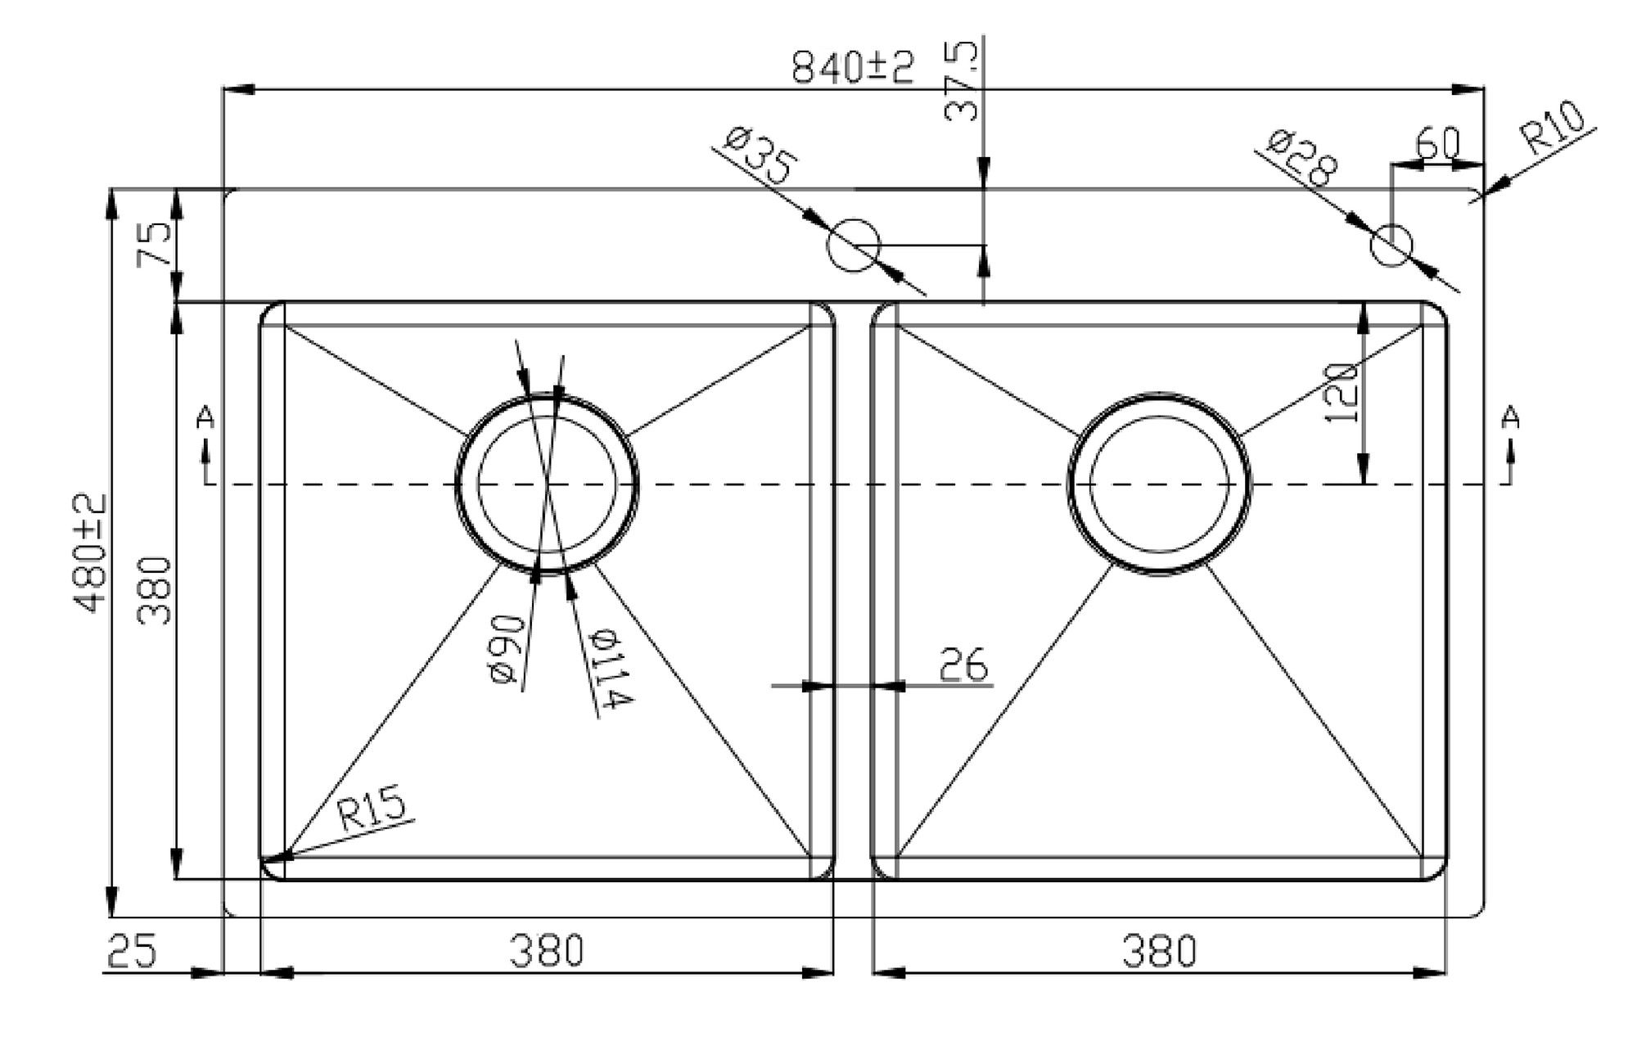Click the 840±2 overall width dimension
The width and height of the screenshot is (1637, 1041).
(853, 66)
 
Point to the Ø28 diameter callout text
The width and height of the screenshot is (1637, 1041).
(1302, 157)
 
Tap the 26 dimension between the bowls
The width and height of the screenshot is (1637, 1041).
(963, 665)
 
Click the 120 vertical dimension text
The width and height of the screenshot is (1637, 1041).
(1343, 393)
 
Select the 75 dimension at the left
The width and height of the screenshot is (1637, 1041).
(156, 243)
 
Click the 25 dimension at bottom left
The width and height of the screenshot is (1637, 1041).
(131, 951)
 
